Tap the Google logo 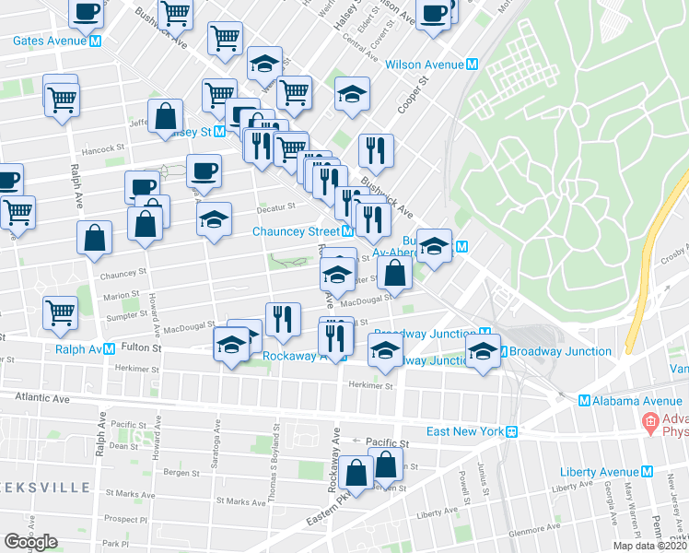30,542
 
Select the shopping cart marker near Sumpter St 60,312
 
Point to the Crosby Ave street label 674,252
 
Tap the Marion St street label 121,296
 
